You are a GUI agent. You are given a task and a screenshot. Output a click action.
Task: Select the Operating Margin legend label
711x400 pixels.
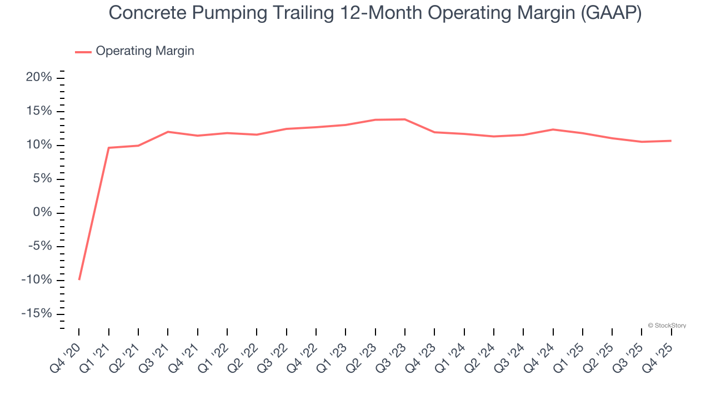145,51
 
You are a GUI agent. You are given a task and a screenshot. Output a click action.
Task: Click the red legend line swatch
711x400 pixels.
83,52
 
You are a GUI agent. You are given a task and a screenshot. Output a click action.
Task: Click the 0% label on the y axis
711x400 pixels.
42,213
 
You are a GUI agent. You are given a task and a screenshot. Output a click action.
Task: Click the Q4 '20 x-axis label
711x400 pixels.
66,356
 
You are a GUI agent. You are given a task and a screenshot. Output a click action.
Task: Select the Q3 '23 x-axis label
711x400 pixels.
391,356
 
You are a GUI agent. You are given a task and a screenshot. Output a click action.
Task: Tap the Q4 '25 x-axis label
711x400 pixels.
658,356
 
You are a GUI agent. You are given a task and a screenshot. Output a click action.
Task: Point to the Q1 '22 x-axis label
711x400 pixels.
213,356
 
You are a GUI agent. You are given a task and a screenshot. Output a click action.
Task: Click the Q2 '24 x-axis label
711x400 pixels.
480,356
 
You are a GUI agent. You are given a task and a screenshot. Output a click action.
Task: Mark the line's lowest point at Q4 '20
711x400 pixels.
79,279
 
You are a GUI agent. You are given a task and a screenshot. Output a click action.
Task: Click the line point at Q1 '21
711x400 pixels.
109,148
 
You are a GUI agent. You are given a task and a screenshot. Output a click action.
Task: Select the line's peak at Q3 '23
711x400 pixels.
405,119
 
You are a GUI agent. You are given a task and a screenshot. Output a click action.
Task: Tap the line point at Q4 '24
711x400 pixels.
553,129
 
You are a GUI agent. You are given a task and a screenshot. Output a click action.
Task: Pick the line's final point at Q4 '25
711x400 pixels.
671,141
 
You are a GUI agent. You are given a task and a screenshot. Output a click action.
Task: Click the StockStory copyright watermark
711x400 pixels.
667,326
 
